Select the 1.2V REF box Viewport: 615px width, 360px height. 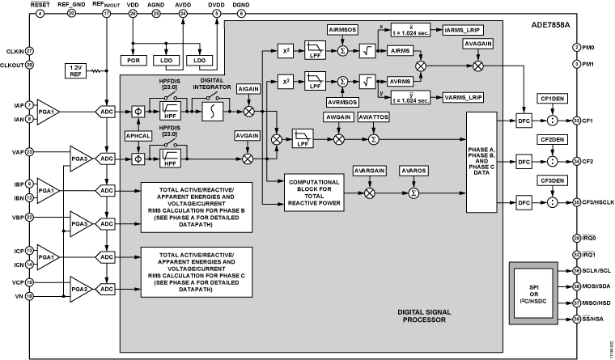[x=75, y=70]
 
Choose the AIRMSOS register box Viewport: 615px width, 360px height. [x=342, y=29]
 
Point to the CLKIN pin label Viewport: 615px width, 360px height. [x=12, y=50]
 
